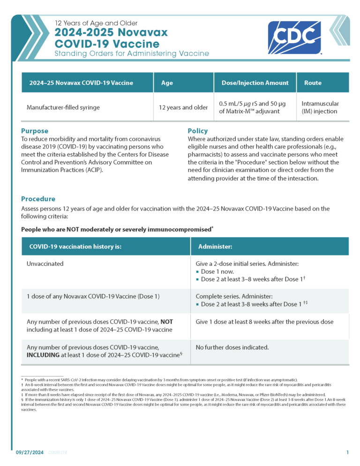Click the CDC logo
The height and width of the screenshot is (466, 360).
click(294, 38)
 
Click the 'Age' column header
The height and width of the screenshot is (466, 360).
click(167, 83)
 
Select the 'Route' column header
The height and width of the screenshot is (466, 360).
click(313, 83)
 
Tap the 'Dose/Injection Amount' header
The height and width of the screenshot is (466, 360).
click(255, 83)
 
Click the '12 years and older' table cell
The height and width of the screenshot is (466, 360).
click(183, 107)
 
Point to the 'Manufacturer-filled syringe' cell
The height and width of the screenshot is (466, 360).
click(63, 107)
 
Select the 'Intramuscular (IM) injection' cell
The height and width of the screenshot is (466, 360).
click(320, 107)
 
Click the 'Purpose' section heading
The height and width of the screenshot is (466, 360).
click(35, 131)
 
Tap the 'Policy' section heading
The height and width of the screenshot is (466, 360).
click(197, 131)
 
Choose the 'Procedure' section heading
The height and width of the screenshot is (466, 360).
click(38, 199)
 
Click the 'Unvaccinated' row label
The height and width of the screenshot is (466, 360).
click(45, 264)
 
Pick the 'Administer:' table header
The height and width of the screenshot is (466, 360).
click(215, 246)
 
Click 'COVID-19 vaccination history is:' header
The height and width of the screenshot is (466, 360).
click(75, 246)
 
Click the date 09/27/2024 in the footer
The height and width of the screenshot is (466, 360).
click(29, 452)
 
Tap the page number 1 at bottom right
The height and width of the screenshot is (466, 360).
click(347, 452)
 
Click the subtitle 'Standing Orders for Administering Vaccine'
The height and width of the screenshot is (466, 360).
click(132, 54)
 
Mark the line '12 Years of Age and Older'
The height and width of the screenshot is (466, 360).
click(96, 23)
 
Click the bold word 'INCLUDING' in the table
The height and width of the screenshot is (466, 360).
click(43, 355)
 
